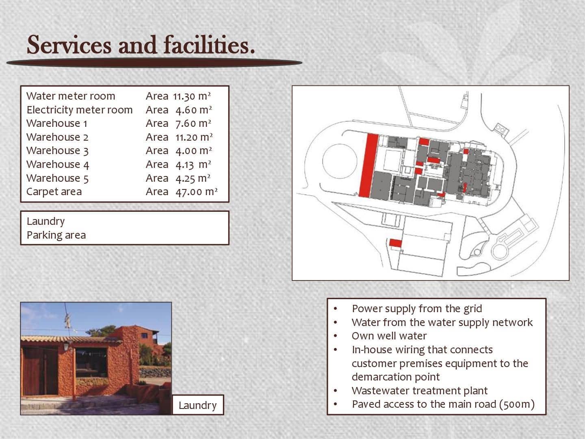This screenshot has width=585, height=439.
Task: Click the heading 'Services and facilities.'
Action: point(141,45)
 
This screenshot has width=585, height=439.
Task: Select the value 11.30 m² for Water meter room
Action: point(192,96)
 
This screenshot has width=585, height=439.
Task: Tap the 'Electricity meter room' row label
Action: point(79,110)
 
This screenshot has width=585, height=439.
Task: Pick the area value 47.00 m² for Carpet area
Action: point(196,191)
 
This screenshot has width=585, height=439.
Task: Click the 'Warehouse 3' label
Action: point(57,150)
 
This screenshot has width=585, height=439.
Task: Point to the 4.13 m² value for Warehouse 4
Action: point(193,165)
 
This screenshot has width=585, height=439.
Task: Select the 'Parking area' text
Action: point(56,235)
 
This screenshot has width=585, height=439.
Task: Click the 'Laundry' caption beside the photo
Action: point(197,405)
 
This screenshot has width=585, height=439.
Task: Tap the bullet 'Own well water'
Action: point(389,336)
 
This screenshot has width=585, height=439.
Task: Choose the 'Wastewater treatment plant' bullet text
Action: point(420,391)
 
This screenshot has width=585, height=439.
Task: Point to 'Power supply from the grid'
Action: point(417,309)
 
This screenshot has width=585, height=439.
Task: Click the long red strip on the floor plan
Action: point(368,165)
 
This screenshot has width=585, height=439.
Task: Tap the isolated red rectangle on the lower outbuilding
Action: point(396,243)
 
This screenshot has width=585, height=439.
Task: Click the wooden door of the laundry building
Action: point(40,371)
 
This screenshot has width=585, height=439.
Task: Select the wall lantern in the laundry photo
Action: point(66,347)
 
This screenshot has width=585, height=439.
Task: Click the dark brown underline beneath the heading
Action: point(154,63)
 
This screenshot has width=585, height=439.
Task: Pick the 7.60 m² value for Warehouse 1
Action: point(193,124)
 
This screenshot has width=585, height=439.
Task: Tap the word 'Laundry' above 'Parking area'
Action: point(45,221)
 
